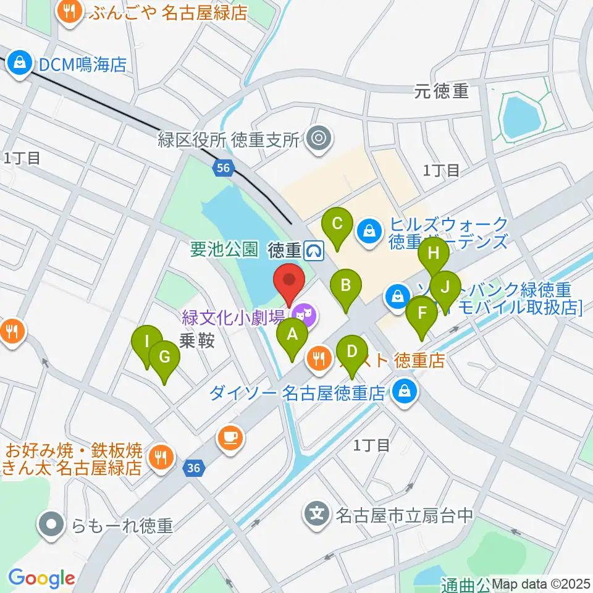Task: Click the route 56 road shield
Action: pyautogui.click(x=224, y=167)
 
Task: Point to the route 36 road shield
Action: pyautogui.click(x=193, y=468)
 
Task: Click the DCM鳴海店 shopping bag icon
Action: pyautogui.click(x=20, y=64)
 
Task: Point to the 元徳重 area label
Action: pyautogui.click(x=442, y=92)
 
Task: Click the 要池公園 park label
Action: pyautogui.click(x=224, y=250)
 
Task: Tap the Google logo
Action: pyautogui.click(x=41, y=578)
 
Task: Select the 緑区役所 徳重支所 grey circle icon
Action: pyautogui.click(x=319, y=138)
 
